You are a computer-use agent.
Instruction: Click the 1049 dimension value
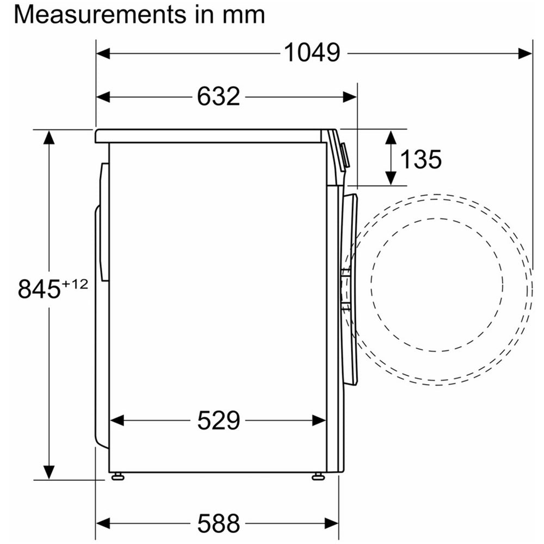[312, 53]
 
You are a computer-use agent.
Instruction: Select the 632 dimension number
[219, 96]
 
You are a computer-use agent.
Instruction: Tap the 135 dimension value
[421, 159]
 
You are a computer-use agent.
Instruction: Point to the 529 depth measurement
[219, 420]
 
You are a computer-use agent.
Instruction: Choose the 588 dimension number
[219, 523]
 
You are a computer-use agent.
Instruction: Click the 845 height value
[39, 289]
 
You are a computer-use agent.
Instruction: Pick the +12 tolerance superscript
[75, 284]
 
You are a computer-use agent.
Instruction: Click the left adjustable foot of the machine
[118, 477]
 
